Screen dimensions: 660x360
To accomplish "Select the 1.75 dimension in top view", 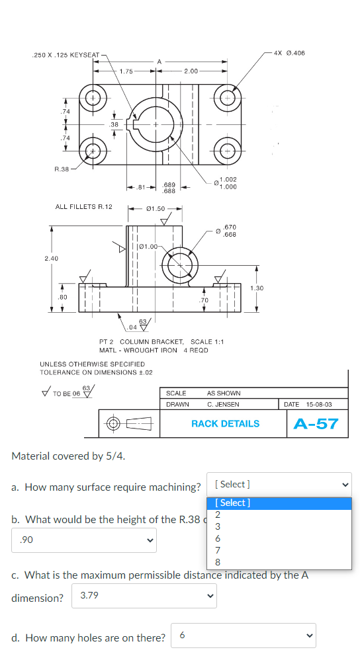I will tap(126, 71).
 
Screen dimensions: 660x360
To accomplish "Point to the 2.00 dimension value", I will tap(192, 71).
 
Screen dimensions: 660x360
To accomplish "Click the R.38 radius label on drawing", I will tap(62, 169).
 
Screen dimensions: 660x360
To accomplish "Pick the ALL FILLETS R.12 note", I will tap(83, 207).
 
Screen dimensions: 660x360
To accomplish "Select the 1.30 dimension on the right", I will tap(257, 288).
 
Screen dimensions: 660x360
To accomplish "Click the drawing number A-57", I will tap(316, 423).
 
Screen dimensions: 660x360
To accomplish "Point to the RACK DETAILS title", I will tap(225, 424).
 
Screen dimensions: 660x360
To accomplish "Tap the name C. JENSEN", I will tap(223, 403).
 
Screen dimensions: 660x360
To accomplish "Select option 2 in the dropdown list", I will tap(218, 515).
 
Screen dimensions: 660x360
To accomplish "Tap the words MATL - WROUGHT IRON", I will tap(138, 350).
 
